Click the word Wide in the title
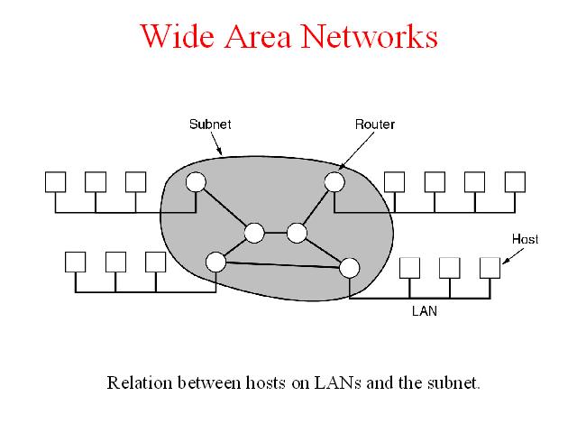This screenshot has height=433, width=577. (178, 36)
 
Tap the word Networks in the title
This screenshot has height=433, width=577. (370, 36)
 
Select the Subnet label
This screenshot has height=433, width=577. (210, 124)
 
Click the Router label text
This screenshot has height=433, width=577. (375, 124)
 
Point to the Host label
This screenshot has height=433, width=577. (525, 239)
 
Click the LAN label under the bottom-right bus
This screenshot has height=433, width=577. (425, 311)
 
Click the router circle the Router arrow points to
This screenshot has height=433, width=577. (334, 182)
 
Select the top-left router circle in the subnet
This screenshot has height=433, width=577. (196, 182)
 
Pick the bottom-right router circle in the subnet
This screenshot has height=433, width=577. (349, 268)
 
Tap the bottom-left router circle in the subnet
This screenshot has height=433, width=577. (216, 262)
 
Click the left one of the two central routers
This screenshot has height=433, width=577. (254, 233)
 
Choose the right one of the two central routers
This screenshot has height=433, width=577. (297, 233)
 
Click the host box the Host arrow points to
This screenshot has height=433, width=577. (490, 268)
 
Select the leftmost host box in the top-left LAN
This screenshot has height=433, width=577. (56, 182)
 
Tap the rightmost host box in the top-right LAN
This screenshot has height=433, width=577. (515, 182)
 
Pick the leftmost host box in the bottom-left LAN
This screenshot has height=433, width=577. (76, 262)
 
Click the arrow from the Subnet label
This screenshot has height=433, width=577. (216, 143)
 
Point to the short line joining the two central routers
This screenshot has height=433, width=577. (275, 233)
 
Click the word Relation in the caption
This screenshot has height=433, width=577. (140, 382)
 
